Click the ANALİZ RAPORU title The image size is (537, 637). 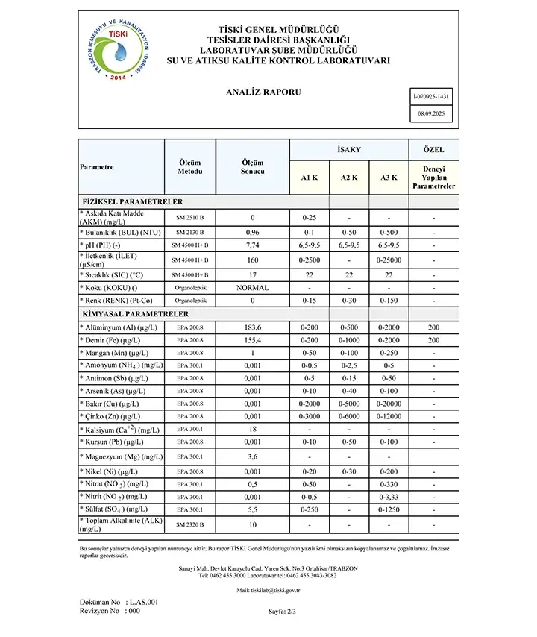click(263, 92)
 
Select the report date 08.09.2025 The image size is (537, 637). click(430, 113)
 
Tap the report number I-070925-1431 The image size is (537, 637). click(430, 97)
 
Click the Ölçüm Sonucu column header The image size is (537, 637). click(252, 166)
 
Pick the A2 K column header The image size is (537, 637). click(349, 178)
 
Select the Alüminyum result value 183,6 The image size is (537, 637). click(252, 327)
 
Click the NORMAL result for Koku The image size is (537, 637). click(252, 288)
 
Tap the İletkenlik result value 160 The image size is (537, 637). click(252, 260)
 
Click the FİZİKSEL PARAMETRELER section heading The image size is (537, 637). click(131, 201)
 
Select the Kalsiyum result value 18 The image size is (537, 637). click(252, 430)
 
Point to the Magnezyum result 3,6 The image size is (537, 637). click(252, 456)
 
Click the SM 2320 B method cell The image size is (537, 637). click(190, 525)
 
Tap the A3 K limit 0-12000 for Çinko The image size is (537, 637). click(389, 416)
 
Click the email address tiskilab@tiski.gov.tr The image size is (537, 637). click(268, 590)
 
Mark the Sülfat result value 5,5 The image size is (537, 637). click(252, 509)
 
